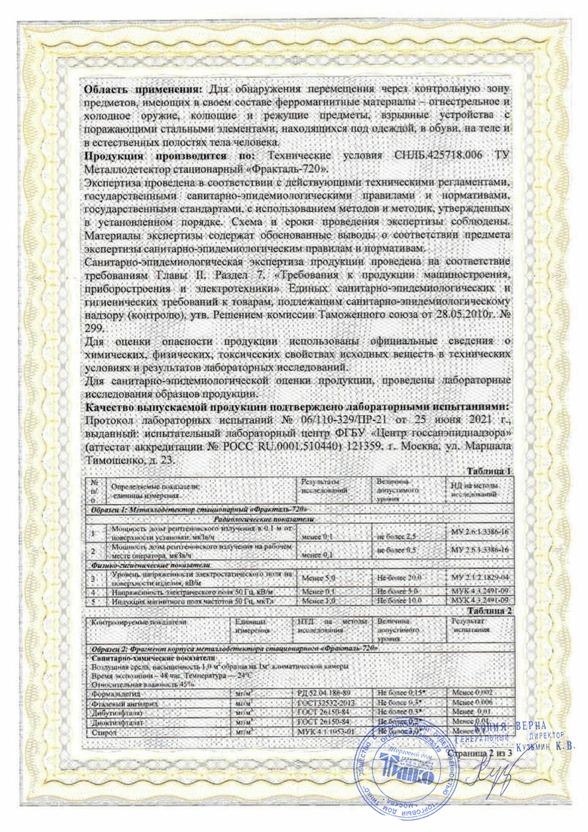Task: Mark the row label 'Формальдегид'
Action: (x=110, y=693)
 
